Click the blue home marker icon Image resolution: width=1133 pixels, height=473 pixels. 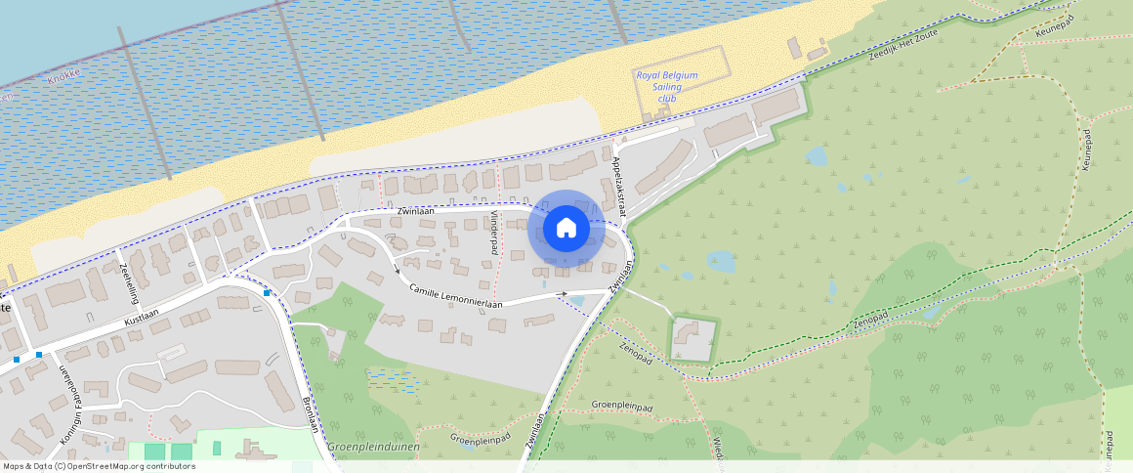point(566,229)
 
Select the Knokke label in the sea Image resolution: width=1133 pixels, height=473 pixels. point(63,75)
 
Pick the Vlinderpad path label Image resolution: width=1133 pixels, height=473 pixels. point(494,233)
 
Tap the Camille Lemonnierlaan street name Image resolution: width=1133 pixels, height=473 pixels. point(456,297)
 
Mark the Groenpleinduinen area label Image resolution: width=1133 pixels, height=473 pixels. point(373,447)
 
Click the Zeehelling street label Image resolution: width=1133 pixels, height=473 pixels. point(126,278)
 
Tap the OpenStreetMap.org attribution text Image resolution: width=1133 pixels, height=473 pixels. point(98,466)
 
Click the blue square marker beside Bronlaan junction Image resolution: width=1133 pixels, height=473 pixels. point(267,292)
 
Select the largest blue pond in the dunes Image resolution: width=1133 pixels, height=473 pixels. point(721,261)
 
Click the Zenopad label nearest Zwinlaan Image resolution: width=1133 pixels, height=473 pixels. point(635,353)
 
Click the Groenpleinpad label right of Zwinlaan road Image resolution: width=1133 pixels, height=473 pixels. point(621,405)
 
